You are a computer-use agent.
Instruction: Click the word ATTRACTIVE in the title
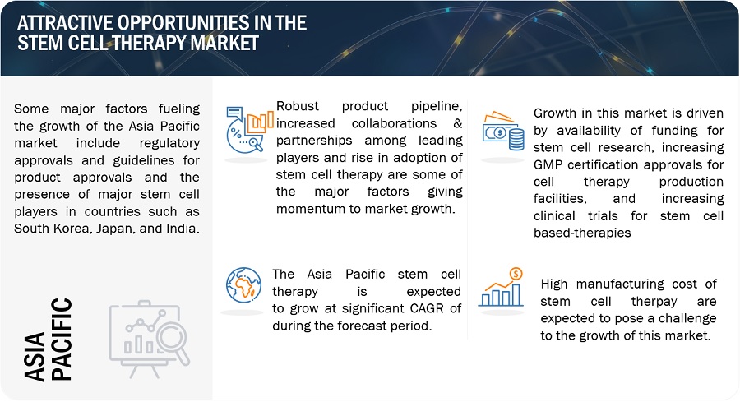[65, 23]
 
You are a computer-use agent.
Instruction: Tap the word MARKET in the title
[224, 43]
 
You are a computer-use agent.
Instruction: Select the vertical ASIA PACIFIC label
[48, 340]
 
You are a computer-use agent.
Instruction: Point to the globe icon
[243, 285]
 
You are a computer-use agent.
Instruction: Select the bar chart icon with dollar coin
[501, 288]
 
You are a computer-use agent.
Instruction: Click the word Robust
[298, 106]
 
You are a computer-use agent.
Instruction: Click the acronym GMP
[548, 164]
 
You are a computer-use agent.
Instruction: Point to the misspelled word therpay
[654, 302]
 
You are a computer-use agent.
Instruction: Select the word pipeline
[436, 107]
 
